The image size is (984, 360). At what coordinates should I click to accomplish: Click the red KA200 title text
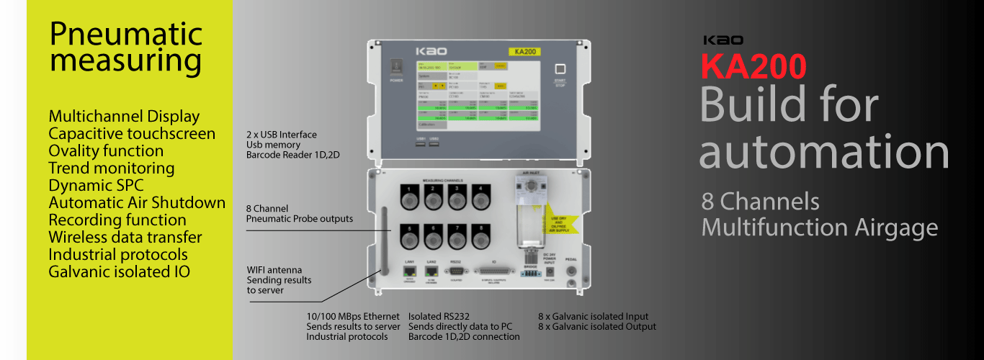coord(753,67)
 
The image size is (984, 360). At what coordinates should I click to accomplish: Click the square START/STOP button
coord(560,69)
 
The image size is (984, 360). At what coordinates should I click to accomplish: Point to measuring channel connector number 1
coord(410,194)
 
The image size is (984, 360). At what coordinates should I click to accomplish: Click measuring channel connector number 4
coord(478,194)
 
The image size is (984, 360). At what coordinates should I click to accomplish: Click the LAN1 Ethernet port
coord(409,271)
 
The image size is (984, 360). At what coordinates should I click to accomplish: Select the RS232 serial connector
coord(455,271)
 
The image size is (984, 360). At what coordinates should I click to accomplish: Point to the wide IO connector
coord(494,271)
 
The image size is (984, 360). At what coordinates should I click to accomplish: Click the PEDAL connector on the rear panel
coord(572,272)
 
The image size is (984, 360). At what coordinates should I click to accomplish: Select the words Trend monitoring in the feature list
coord(111,168)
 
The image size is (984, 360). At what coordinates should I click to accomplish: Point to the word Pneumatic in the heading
coord(126,34)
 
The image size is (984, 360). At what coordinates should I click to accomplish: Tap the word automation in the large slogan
coord(824,152)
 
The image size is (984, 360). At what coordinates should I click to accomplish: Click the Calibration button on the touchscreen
coord(431,125)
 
